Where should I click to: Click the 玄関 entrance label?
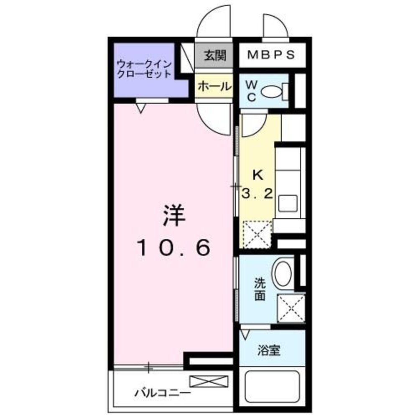point(215,56)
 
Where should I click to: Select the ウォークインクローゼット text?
point(144,69)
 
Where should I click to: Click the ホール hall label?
point(214,87)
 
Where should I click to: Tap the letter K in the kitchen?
point(258,175)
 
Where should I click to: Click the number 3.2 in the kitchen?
point(258,193)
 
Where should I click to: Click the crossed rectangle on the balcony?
point(209,382)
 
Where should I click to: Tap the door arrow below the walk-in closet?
point(141,108)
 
